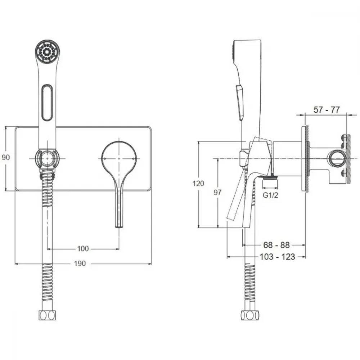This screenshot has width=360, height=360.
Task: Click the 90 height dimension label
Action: tap(5, 157)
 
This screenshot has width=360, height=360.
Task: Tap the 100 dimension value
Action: tap(83, 248)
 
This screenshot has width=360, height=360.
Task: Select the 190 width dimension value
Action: tap(80, 264)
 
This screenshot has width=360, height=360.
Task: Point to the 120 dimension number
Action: tap(198, 184)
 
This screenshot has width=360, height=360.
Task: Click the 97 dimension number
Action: tap(217, 192)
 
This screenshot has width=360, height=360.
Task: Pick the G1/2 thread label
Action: tap(270, 195)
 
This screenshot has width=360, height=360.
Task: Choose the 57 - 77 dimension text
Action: tap(327, 109)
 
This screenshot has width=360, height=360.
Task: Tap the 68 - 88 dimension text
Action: tap(276, 245)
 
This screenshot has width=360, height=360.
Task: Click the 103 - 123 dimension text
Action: tap(277, 257)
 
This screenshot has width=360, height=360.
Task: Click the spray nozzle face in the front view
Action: tap(47, 51)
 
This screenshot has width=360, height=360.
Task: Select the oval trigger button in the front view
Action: tap(47, 102)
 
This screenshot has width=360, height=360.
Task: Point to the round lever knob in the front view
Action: tap(119, 158)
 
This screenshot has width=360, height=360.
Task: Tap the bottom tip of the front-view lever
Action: tap(119, 227)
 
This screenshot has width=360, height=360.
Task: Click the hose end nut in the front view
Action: tap(47, 315)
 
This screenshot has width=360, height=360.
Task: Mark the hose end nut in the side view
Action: tap(250, 315)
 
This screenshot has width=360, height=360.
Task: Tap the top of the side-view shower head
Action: tap(248, 40)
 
